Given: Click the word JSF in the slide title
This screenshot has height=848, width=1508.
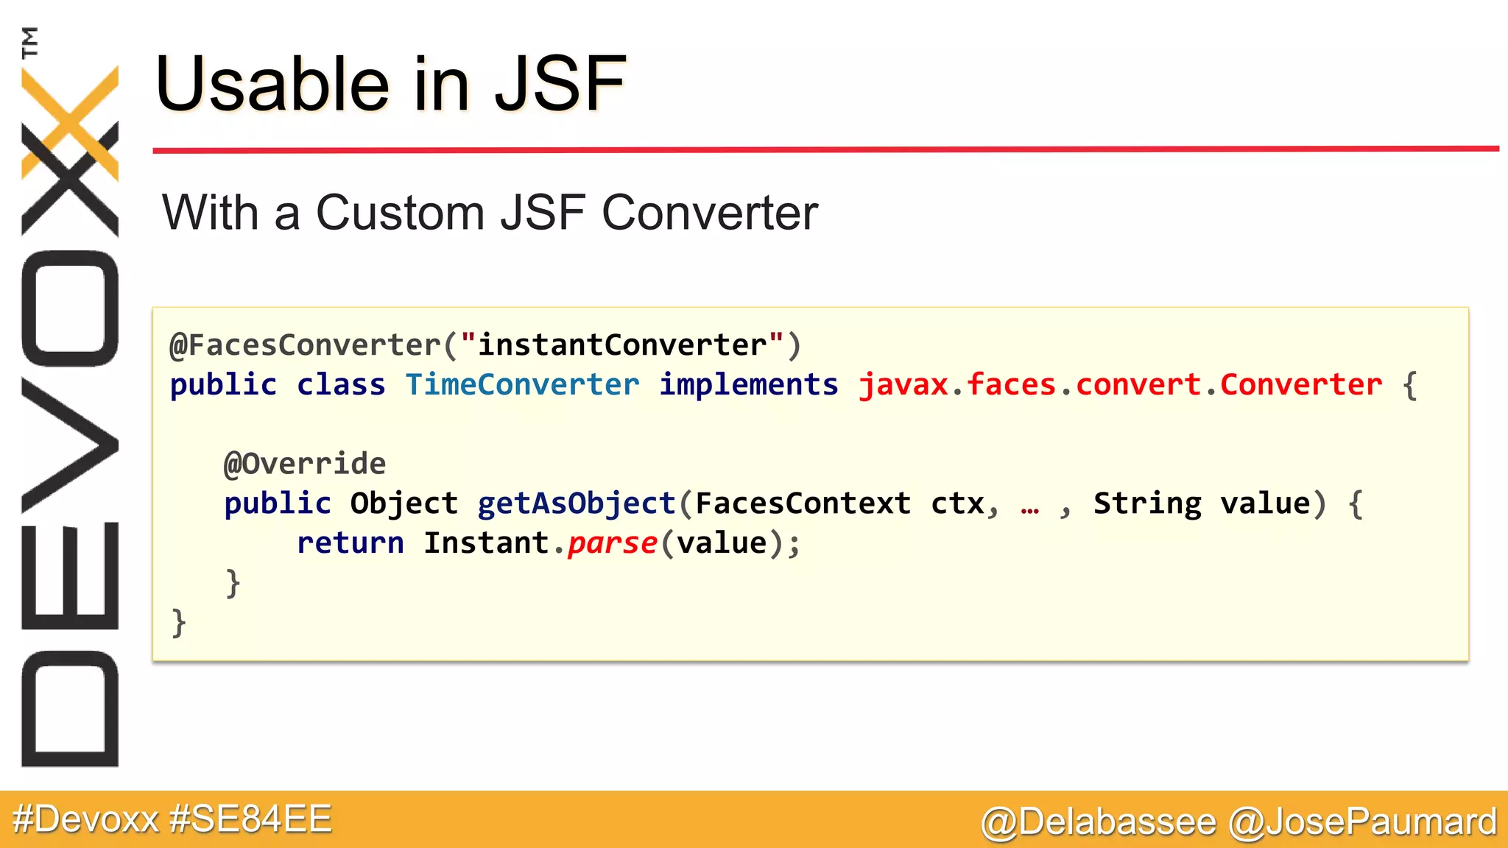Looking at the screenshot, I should coord(560,85).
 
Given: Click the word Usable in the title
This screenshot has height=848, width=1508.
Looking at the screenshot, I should coord(272,85).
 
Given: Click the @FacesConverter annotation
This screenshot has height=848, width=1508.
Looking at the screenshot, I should coord(305,345).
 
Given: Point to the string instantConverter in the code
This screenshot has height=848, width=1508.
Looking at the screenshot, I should coord(622,345).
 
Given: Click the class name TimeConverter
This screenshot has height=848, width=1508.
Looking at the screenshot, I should coord(522,385).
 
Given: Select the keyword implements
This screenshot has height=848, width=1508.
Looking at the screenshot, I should coord(748,385).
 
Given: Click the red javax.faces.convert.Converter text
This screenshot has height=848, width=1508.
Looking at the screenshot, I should coord(1120,385).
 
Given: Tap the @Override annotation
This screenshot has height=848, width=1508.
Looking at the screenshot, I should coord(305,464).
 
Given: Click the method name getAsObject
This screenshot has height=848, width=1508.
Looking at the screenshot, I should coord(577,504).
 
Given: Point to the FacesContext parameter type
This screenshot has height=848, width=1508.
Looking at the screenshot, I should coord(803,504).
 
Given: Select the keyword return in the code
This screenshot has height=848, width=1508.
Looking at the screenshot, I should coord(350,543).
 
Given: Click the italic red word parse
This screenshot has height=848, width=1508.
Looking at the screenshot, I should coord(612,543).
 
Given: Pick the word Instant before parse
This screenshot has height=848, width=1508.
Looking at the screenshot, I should coord(486,543).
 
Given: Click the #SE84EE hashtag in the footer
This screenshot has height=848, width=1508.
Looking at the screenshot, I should coord(250,819).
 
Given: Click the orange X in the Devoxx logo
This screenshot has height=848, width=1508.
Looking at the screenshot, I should coord(70,121).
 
